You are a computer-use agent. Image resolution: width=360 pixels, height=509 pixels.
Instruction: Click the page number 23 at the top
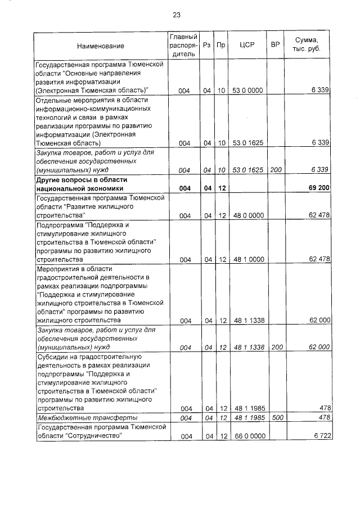pyautogui.click(x=176, y=15)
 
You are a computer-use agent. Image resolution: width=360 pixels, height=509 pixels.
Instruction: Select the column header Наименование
pyautogui.click(x=101, y=46)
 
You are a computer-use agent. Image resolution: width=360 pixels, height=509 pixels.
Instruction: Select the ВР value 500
pyautogui.click(x=275, y=418)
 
